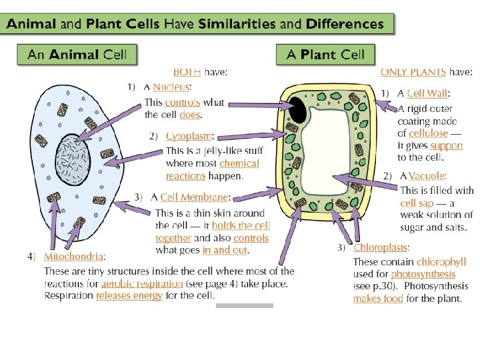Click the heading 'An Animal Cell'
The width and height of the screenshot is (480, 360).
point(77,55)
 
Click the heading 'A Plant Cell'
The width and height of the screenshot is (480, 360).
point(325,55)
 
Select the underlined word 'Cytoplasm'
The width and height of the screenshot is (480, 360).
point(187,136)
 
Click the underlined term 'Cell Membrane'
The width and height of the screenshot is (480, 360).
point(195,197)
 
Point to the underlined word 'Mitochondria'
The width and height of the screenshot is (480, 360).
point(73,256)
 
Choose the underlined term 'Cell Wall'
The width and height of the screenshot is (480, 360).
point(427,93)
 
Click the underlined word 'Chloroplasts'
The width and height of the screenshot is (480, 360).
point(381,247)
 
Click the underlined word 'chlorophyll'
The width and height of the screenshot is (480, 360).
point(439,262)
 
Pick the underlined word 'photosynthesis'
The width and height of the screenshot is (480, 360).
point(423,274)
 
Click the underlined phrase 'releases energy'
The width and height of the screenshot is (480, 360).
point(129,296)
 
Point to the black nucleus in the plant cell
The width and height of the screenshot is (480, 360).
point(298,108)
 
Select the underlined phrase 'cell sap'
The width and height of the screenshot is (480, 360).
point(417,203)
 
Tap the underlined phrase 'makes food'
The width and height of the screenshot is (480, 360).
point(378,299)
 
